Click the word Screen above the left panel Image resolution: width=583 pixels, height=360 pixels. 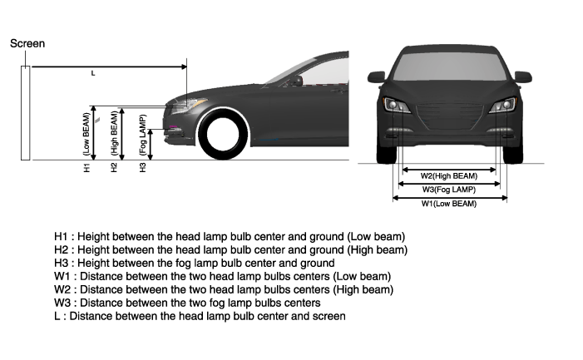coord(27,43)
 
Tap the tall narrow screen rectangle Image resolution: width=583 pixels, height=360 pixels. coord(27,112)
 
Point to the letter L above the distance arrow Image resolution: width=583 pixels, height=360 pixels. coord(92,73)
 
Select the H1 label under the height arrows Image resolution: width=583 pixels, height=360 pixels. coord(86,167)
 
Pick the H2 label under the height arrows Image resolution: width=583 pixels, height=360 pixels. coord(115,167)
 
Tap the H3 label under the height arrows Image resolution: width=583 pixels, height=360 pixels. coord(143,167)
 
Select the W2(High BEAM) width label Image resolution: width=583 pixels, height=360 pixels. coord(449,175)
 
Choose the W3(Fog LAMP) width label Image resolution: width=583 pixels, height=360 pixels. coord(449,190)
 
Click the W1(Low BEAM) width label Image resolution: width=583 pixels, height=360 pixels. coord(449,204)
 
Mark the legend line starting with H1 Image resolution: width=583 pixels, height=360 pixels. coord(230,236)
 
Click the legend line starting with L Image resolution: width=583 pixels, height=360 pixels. coord(200,316)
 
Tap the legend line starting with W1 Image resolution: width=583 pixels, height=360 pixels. coord(222,276)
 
